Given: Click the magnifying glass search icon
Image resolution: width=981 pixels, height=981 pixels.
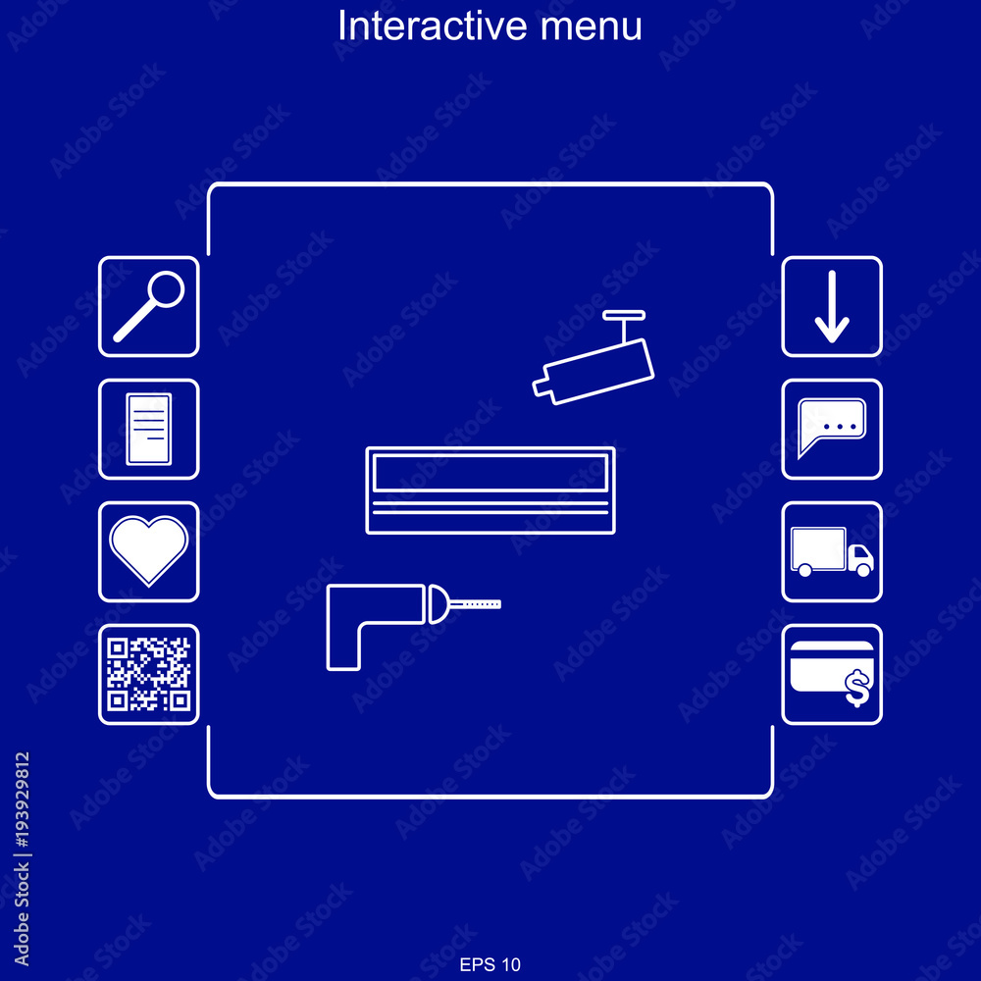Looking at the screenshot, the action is coord(149,306).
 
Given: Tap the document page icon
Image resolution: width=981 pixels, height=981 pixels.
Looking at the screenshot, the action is coord(149,430).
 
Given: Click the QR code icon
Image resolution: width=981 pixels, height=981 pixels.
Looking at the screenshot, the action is coord(149,675).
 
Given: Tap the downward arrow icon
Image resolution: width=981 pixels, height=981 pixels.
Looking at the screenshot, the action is coord(832,306).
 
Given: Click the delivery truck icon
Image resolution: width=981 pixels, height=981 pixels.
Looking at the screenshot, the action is coord(832,551).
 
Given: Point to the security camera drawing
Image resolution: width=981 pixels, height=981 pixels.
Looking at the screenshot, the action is coord(594,358).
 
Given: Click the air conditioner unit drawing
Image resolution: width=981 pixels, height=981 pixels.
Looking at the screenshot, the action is coord(490,490).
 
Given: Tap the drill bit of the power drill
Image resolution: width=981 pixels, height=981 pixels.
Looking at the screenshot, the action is coord(474,604).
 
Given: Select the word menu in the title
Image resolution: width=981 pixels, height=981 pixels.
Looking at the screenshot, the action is coord(592,27).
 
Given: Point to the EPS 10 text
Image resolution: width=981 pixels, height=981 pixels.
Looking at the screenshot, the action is coord(490,964).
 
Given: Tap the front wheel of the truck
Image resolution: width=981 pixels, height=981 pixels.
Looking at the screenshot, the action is coord(864,569).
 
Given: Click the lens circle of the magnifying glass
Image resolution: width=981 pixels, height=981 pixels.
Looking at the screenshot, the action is coord(167,289).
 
